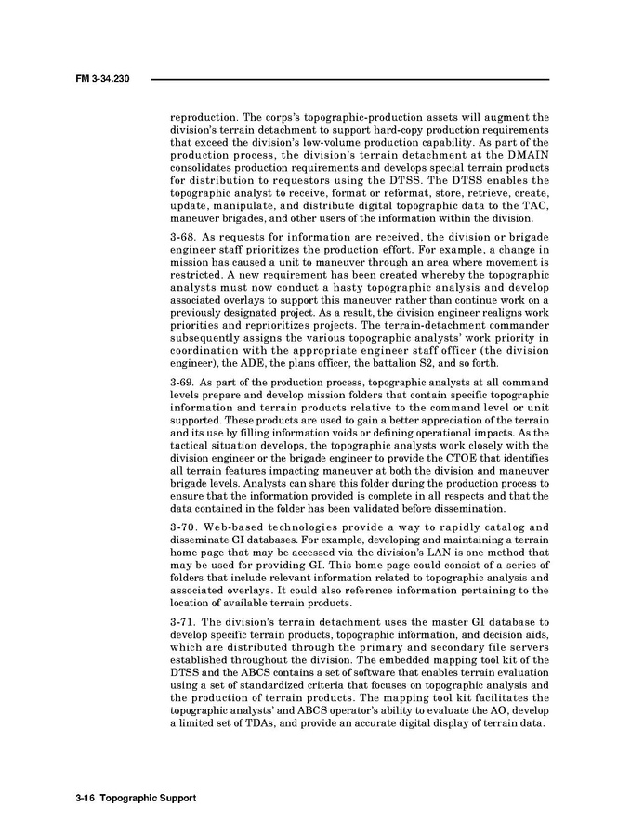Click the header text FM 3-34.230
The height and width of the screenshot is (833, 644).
click(101, 78)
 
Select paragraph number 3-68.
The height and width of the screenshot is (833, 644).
click(182, 237)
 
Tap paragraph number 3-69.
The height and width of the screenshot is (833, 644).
click(182, 382)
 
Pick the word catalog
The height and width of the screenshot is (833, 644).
click(503, 527)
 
